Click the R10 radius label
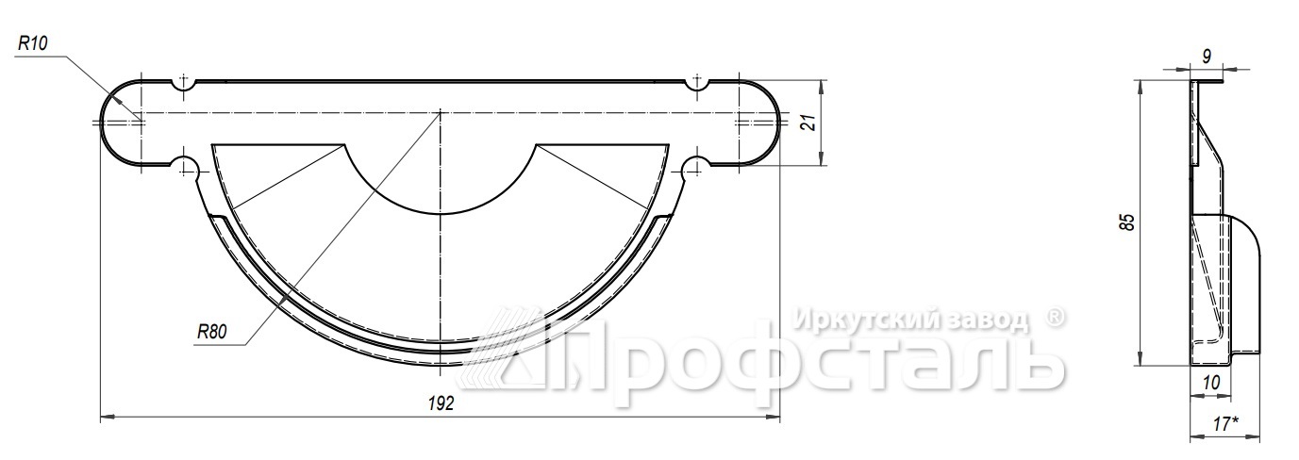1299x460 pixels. pyautogui.click(x=32, y=42)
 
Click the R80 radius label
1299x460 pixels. pyautogui.click(x=211, y=332)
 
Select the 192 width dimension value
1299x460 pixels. pyautogui.click(x=441, y=403)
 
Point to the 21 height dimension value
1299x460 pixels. pyautogui.click(x=809, y=123)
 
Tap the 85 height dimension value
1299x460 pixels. pyautogui.click(x=1126, y=222)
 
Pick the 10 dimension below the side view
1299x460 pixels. pyautogui.click(x=1211, y=383)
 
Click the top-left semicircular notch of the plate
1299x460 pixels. pyautogui.click(x=184, y=87)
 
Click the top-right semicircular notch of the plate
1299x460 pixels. pyautogui.click(x=696, y=87)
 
